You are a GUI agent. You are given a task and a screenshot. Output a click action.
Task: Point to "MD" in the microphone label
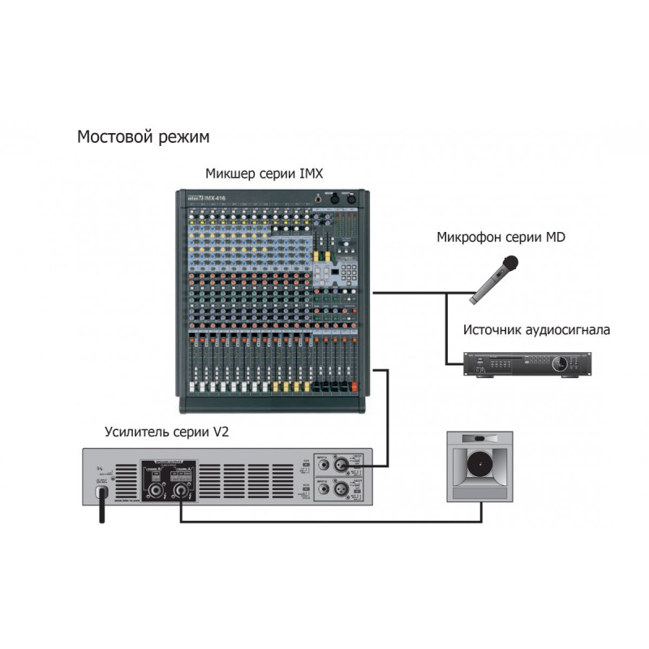[555, 238]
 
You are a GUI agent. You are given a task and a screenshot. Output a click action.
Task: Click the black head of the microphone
[509, 262]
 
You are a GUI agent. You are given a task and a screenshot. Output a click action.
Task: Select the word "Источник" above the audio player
[496, 330]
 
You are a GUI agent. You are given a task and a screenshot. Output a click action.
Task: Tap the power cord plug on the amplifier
[101, 492]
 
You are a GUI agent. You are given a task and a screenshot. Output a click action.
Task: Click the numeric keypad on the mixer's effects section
[349, 271]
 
